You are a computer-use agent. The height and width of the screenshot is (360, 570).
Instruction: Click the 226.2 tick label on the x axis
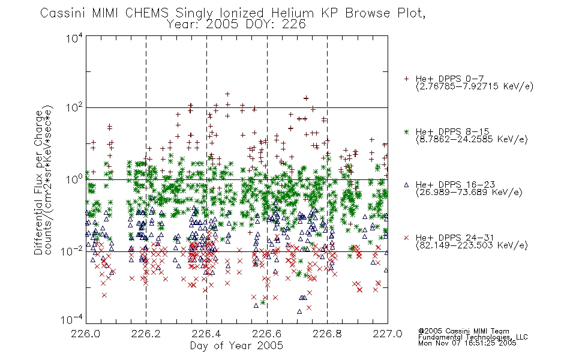(x=146, y=334)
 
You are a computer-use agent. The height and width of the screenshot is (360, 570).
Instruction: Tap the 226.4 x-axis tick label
(x=206, y=334)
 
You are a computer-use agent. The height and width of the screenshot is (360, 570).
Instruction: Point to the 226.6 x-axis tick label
(x=267, y=334)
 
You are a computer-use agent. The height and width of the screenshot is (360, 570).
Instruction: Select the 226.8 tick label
(x=327, y=334)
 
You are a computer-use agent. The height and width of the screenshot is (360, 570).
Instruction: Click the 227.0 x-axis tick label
(x=388, y=334)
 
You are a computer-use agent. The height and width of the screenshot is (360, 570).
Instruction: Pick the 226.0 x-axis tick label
(x=86, y=334)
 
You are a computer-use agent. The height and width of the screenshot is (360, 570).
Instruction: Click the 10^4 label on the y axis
(x=74, y=38)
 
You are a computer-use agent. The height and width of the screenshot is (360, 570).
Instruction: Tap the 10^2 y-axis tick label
(x=74, y=107)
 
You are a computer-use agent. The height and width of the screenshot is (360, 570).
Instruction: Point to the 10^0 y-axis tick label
(x=74, y=179)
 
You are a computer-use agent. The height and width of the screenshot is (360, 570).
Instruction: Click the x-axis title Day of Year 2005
(x=236, y=346)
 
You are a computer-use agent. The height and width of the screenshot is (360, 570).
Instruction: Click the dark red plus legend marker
(x=406, y=79)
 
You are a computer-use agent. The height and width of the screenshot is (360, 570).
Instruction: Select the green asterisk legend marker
(x=406, y=131)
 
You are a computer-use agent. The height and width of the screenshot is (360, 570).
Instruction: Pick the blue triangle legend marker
(x=406, y=185)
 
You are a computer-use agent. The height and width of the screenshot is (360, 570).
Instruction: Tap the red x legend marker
(x=406, y=238)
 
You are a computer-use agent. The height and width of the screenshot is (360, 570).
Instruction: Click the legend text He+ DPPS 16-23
(x=455, y=184)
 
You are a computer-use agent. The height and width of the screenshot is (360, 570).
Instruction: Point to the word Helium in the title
(x=292, y=13)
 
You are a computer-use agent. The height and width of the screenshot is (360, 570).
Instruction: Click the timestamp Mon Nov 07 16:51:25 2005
(x=467, y=343)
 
